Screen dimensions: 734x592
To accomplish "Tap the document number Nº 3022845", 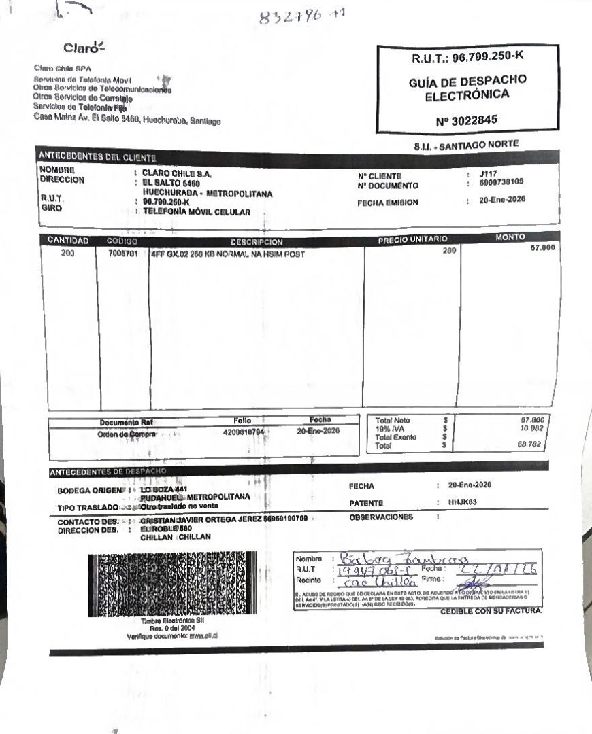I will click(x=467, y=120).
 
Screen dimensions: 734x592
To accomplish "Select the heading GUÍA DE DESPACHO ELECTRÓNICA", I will click(x=467, y=88).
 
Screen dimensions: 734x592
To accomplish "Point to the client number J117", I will click(x=488, y=173).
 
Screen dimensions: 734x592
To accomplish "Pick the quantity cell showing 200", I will click(x=68, y=254).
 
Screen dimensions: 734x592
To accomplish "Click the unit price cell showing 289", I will click(x=448, y=251).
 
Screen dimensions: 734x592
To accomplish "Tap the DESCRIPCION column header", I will click(x=257, y=242).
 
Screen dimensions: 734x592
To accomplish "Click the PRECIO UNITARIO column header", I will click(x=412, y=239).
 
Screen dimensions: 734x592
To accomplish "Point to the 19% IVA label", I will click(x=387, y=429).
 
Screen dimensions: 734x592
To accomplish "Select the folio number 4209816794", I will click(x=243, y=432).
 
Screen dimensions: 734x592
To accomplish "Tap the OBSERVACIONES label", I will click(x=380, y=517).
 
